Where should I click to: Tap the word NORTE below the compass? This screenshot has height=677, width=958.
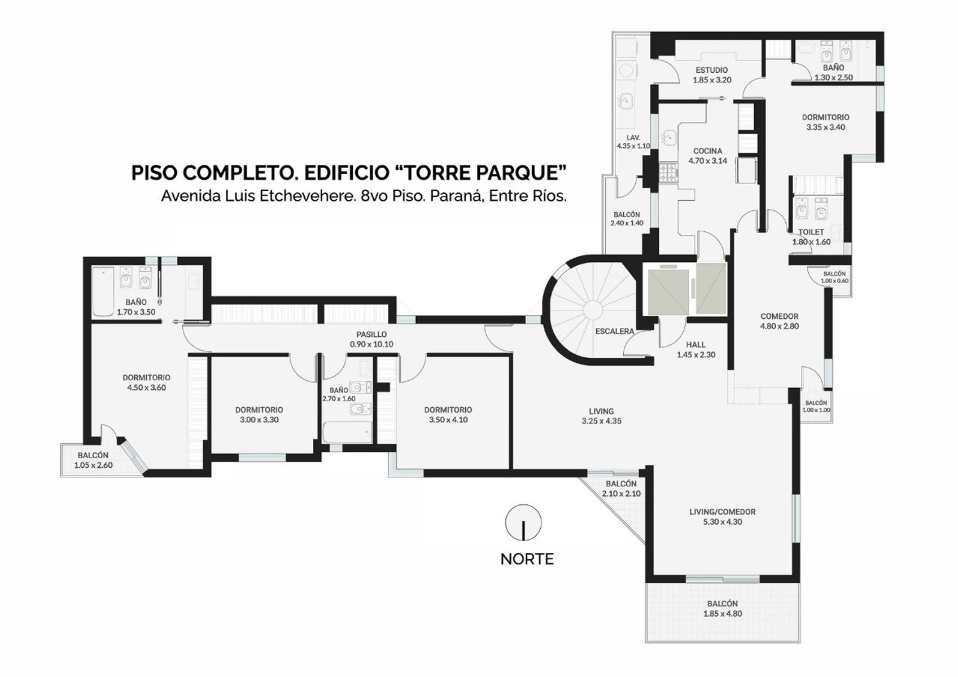click(527, 559)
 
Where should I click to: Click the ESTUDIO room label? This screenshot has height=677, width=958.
click(712, 70)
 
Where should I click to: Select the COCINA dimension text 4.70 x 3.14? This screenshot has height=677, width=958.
click(708, 161)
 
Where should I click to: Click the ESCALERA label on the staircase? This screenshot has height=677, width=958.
click(615, 331)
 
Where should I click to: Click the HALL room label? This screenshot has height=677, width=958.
click(696, 345)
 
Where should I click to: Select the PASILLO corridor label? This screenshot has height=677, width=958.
click(371, 334)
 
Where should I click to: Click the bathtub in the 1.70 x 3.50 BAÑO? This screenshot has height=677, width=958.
click(103, 292)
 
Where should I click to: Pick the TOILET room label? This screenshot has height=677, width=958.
click(811, 232)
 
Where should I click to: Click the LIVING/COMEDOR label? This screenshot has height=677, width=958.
click(723, 512)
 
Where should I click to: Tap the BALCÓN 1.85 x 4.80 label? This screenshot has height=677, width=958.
click(723, 609)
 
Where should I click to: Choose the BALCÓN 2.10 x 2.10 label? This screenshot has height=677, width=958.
click(622, 489)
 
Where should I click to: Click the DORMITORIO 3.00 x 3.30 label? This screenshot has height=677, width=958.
click(259, 415)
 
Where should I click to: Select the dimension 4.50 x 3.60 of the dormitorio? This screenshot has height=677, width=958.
click(146, 388)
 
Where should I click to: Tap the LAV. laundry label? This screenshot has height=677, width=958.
click(633, 138)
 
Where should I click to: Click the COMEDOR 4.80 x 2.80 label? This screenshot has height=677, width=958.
click(779, 321)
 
